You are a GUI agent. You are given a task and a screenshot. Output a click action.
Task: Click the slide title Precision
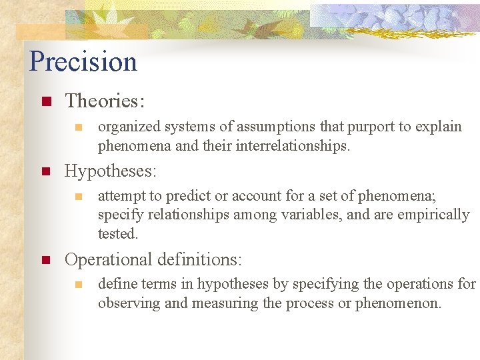(83, 62)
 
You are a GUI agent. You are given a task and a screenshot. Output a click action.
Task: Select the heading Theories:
(105, 101)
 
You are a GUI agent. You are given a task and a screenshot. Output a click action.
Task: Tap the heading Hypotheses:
(111, 171)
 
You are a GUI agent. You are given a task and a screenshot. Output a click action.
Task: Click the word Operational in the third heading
(109, 259)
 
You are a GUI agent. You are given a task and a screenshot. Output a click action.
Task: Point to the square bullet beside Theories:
(46, 102)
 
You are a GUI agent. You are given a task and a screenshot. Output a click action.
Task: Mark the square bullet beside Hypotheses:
(46, 171)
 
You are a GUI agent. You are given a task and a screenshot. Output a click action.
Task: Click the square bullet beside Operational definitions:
(46, 259)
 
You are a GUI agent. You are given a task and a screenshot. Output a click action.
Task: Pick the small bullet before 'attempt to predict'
(79, 197)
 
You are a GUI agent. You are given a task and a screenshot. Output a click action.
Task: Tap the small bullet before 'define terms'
(79, 285)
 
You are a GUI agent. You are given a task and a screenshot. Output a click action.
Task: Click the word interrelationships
(292, 145)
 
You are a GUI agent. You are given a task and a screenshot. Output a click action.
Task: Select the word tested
(117, 233)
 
